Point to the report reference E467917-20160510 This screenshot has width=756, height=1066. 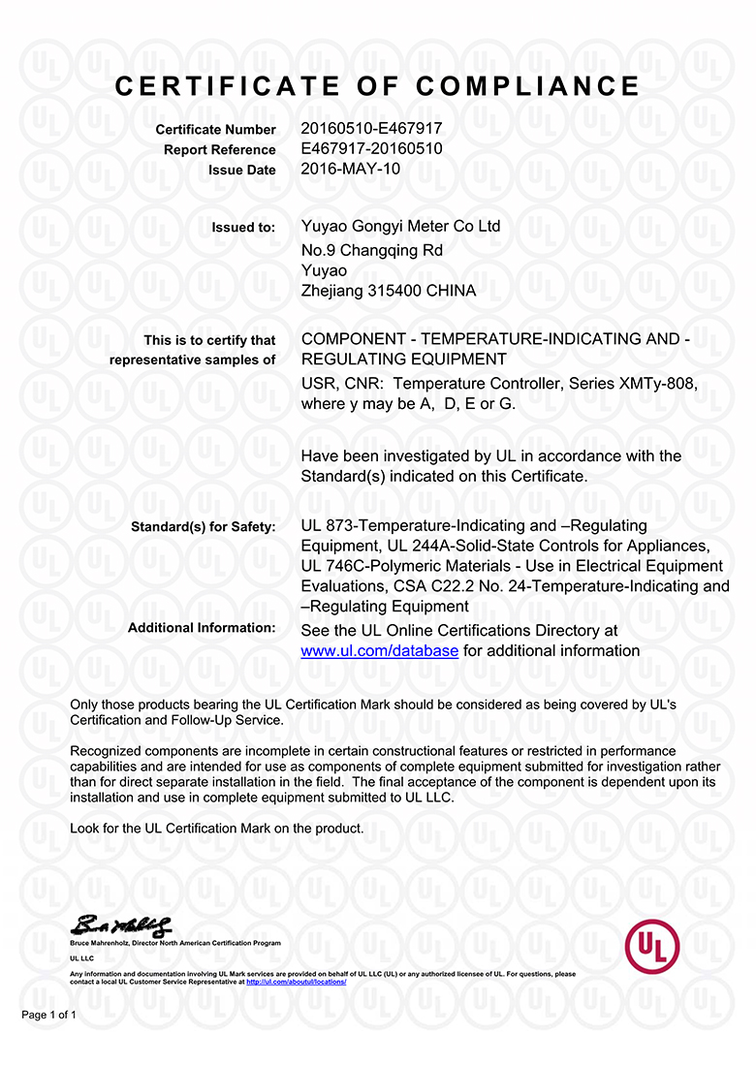tap(372, 148)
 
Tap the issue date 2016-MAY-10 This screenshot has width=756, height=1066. tap(351, 169)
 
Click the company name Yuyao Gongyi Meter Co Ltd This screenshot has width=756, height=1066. tap(401, 226)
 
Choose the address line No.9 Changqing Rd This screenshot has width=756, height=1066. tap(372, 250)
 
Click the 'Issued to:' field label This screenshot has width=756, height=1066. tap(243, 228)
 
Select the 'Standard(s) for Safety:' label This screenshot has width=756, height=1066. tap(203, 527)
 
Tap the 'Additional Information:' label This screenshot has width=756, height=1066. tap(202, 628)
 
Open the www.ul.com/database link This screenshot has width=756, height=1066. tap(380, 651)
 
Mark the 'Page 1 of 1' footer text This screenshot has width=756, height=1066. tap(48, 1016)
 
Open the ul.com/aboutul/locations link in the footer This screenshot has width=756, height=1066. tap(296, 982)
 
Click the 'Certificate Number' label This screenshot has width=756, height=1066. tap(215, 130)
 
